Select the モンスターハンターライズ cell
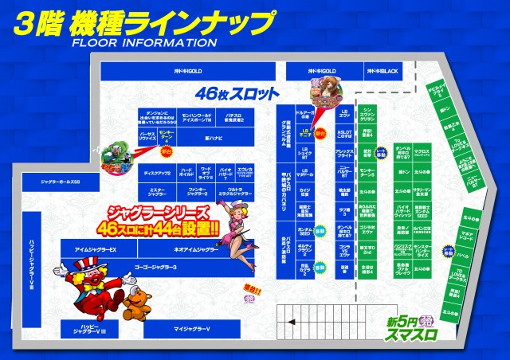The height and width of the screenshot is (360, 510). pos(422,249)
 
